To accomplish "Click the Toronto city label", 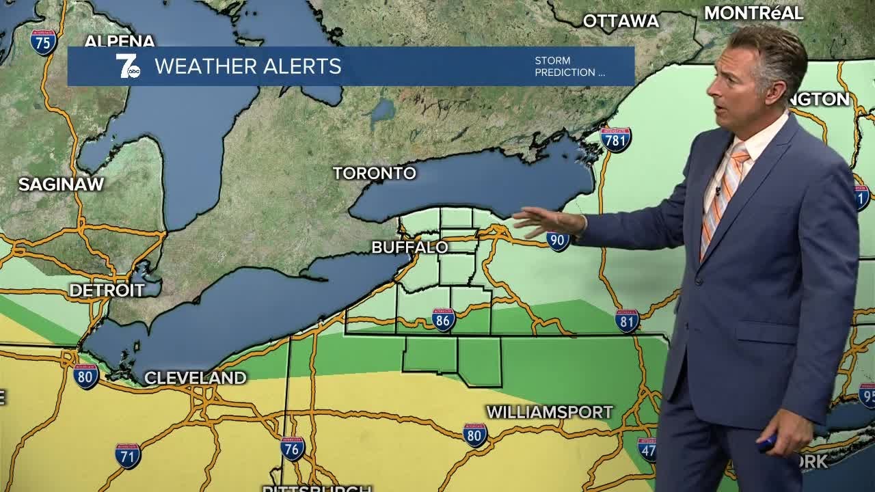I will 375,174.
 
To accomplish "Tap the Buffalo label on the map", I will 409,247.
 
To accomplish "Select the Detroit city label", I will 107,290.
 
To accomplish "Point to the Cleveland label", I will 195,378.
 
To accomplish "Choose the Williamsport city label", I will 549,413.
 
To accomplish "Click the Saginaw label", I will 61,184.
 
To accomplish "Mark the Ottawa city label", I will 621,21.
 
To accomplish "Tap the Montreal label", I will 753,13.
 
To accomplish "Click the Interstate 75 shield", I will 44,42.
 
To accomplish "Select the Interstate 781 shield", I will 615,139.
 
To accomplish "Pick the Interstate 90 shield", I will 558,240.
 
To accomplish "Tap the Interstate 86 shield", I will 443,319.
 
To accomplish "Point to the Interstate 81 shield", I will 627,320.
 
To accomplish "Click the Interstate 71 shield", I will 128,455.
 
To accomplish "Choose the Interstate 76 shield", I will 293,448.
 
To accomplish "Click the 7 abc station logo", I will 128,66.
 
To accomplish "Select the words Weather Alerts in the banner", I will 247,66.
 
